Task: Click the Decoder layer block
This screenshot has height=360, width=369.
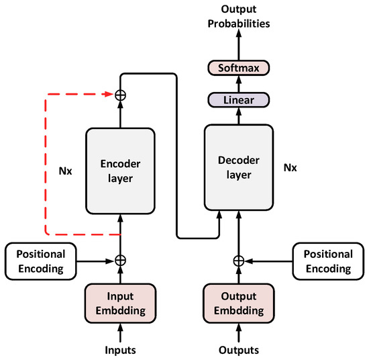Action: tap(238, 165)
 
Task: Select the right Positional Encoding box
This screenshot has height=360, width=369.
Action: tap(326, 261)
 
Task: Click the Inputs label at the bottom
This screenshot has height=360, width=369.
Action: tap(120, 350)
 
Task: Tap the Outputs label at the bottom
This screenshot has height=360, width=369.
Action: tap(238, 350)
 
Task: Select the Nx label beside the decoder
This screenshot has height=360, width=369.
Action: tap(290, 165)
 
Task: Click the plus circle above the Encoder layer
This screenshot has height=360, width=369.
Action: tap(120, 95)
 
